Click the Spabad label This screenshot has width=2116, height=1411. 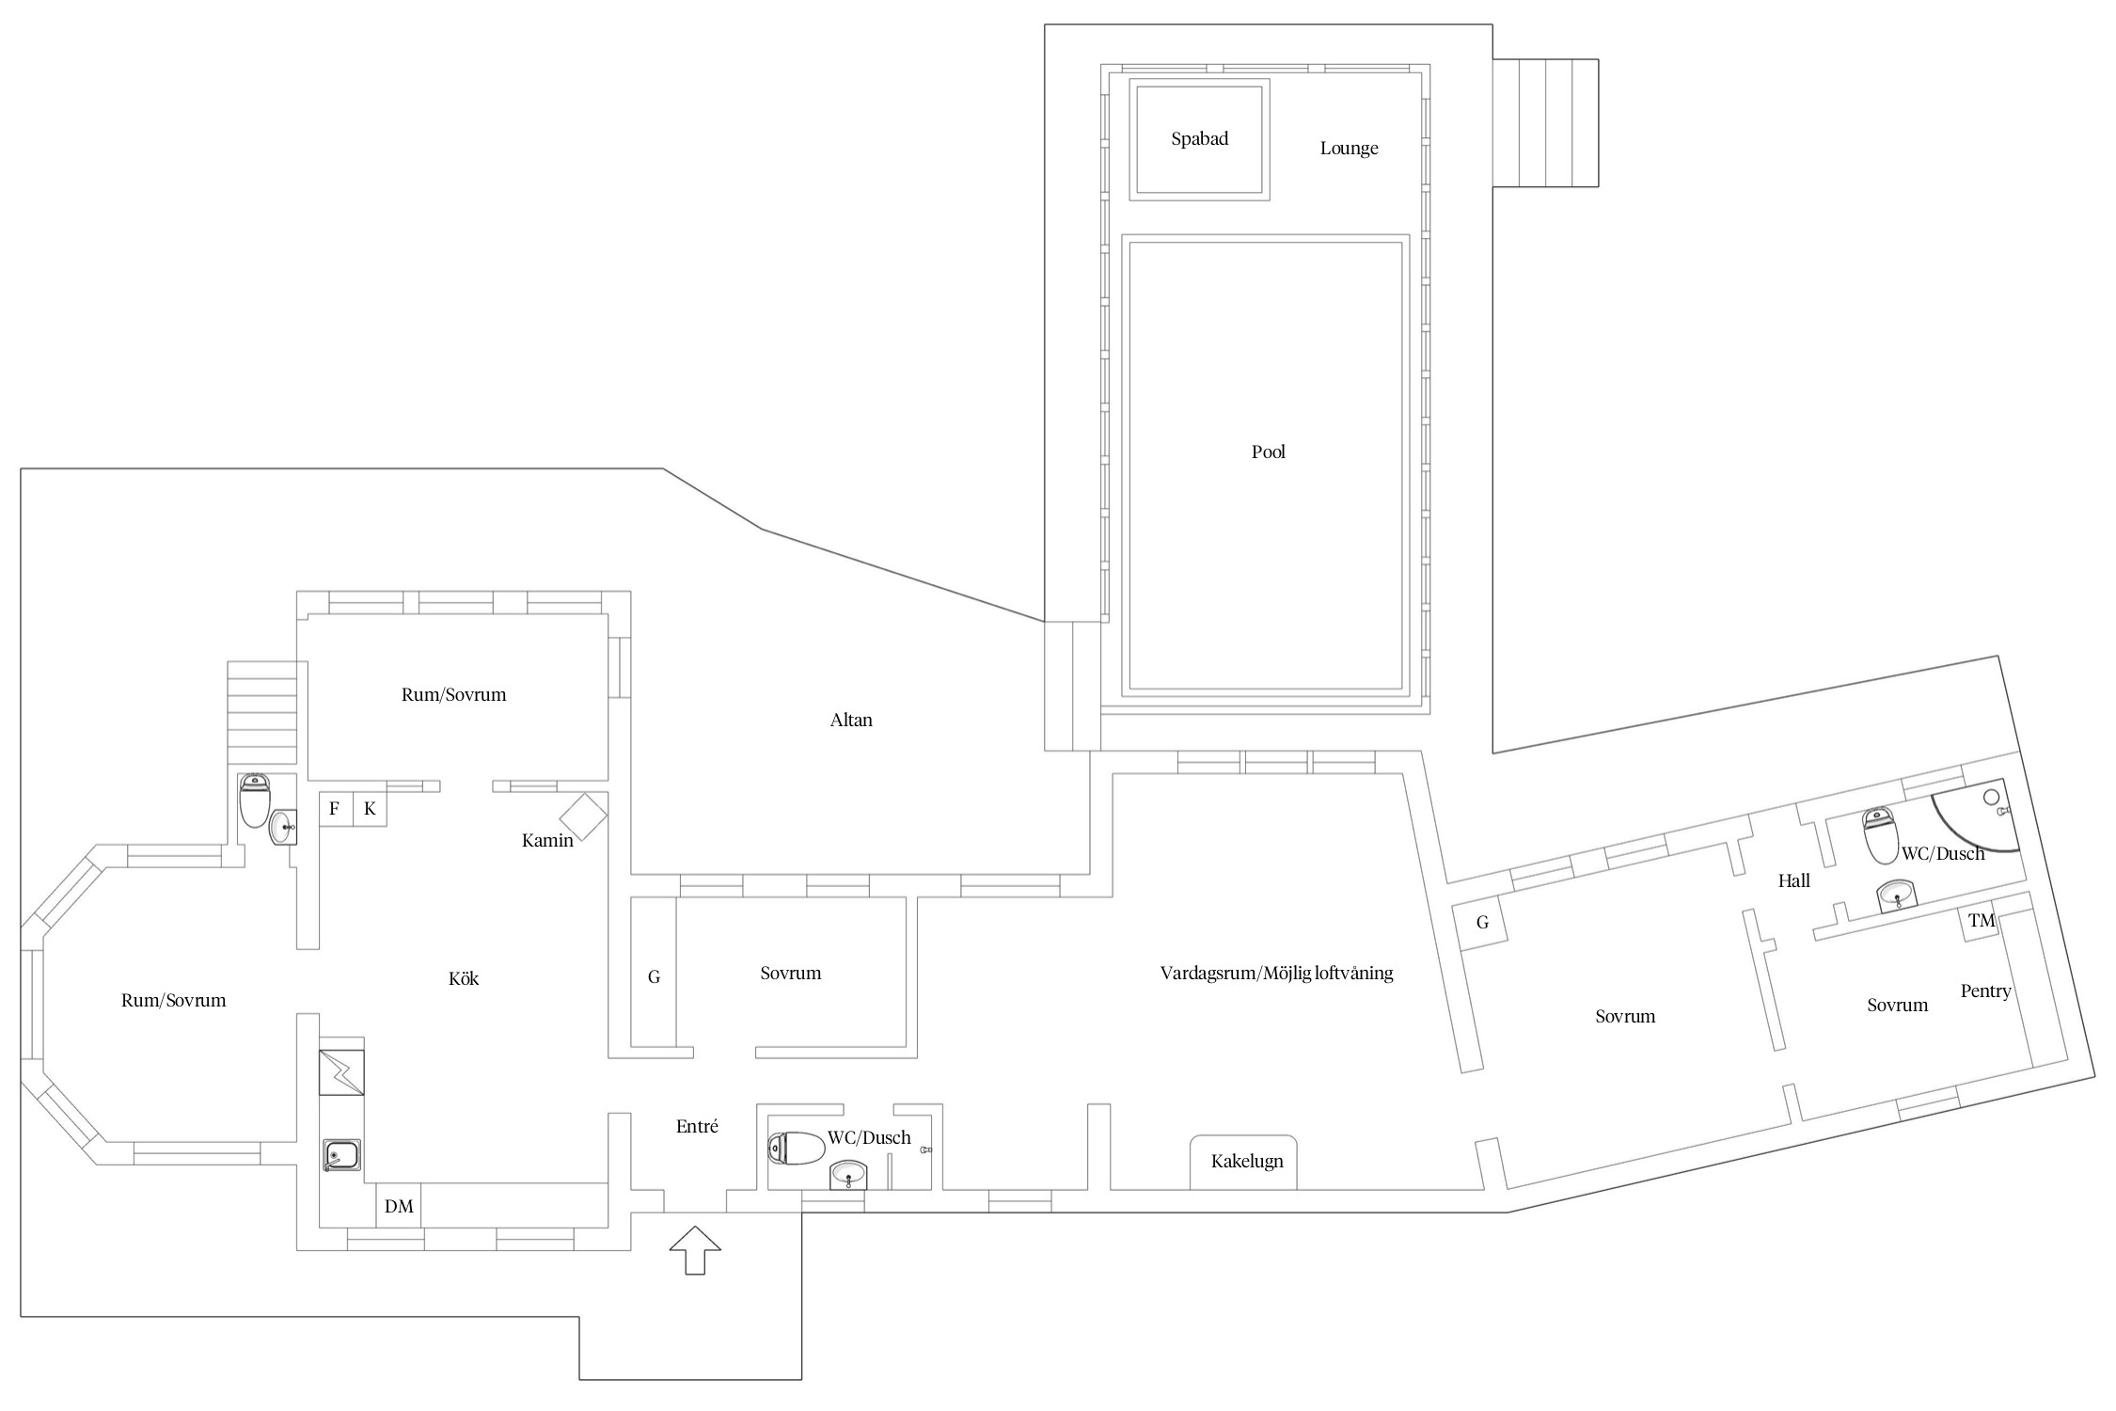coord(1199,139)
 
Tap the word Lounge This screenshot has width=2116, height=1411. coord(1349,149)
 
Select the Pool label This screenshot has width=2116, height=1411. coord(1268,452)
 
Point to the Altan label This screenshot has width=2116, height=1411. coord(851,721)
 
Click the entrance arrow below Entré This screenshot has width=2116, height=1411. coord(695,1250)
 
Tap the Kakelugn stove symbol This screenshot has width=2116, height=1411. coord(1245,1162)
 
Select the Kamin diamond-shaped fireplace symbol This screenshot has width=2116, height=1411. coord(583,816)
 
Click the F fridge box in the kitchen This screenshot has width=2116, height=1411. coord(335,809)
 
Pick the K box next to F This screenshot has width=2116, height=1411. coord(370,809)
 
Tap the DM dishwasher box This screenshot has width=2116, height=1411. coord(399,1207)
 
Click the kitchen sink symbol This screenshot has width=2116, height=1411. coord(341,1154)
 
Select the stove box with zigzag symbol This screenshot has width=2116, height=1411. coord(341,1072)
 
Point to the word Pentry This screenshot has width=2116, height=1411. coord(1985,991)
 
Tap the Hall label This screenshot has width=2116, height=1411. coord(1793,881)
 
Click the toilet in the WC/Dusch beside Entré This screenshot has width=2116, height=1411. coord(795,1148)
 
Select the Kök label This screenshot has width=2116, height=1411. coord(464,979)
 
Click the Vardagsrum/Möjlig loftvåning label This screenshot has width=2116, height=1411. coord(1276,974)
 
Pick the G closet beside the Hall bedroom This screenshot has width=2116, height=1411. coord(1481,923)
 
